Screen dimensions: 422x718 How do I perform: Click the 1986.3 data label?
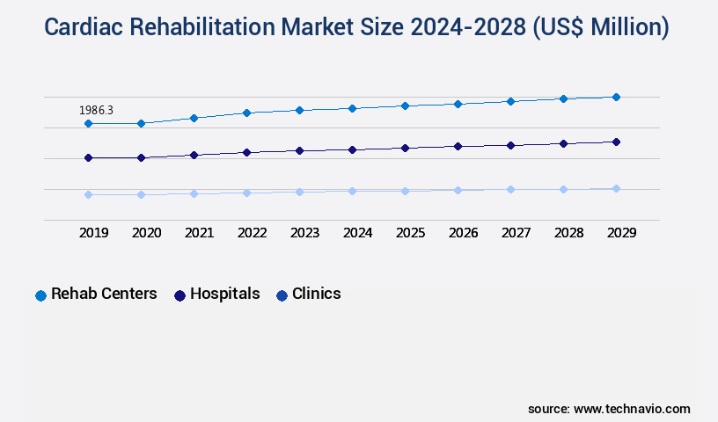96,111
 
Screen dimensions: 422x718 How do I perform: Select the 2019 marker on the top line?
88,124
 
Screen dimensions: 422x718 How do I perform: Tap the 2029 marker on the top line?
616,97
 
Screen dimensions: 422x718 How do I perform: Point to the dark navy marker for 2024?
352,149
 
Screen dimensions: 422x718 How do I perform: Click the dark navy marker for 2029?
616,142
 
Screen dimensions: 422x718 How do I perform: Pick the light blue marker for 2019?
88,194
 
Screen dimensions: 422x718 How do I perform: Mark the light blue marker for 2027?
510,189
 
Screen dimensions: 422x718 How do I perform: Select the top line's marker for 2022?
246,113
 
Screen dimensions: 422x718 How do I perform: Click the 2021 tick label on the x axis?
199,233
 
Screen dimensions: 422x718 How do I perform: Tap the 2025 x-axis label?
410,233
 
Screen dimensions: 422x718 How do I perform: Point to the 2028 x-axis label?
568,233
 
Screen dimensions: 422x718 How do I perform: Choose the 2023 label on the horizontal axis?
304,233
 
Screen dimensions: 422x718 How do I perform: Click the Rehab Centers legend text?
104,295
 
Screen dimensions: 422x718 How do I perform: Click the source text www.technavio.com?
632,409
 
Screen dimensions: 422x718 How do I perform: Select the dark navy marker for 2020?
141,157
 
